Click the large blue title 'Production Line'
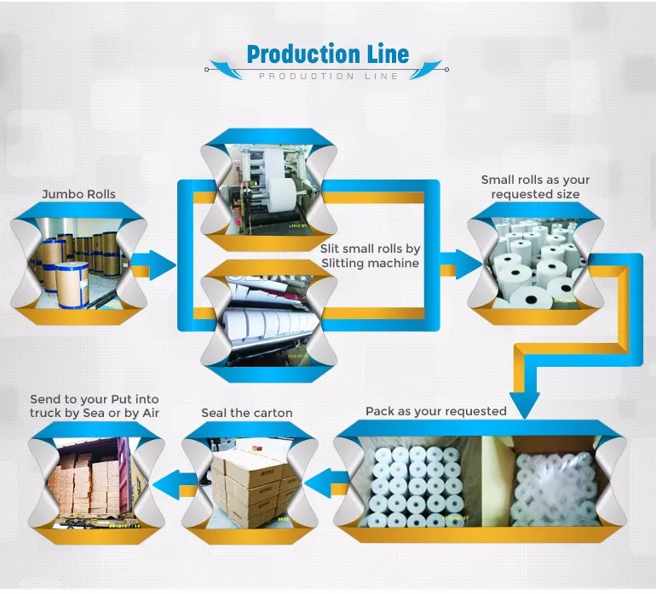point(327,54)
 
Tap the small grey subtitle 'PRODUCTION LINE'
point(328,77)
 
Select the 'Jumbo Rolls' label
point(78,194)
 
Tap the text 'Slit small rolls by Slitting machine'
point(370,256)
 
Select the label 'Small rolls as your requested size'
point(535,186)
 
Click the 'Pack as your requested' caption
point(436,411)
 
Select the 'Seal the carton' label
point(247,413)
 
